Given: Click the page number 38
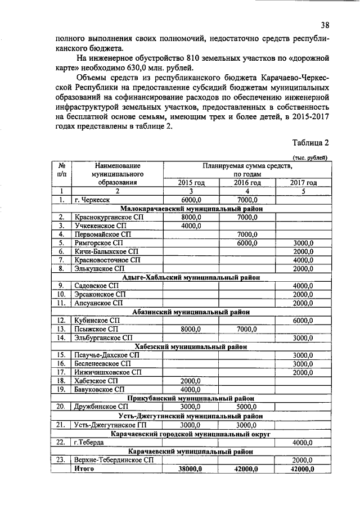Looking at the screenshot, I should (325, 25).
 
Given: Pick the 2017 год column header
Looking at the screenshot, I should (303, 182).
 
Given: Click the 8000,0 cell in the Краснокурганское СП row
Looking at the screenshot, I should (191, 217).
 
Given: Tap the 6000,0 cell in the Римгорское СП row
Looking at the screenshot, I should (246, 242).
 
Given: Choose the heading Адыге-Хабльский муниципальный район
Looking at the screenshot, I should (191, 277).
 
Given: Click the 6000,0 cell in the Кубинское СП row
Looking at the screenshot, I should (303, 321).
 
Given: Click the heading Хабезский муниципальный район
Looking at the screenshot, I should (191, 346).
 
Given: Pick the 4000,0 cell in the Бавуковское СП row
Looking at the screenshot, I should (191, 389).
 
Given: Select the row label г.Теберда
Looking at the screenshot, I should (88, 442).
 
